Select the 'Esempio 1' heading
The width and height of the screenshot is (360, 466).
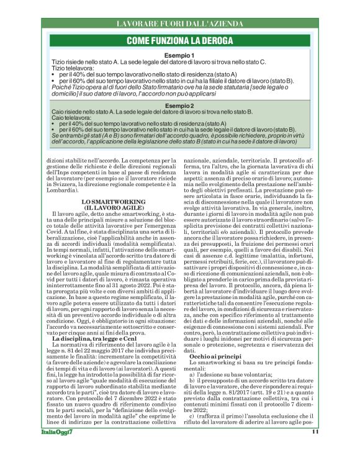pyautogui.click(x=179, y=56)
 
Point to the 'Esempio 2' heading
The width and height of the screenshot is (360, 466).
pyautogui.click(x=179, y=106)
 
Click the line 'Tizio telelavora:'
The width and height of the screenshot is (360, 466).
pyautogui.click(x=73, y=68)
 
